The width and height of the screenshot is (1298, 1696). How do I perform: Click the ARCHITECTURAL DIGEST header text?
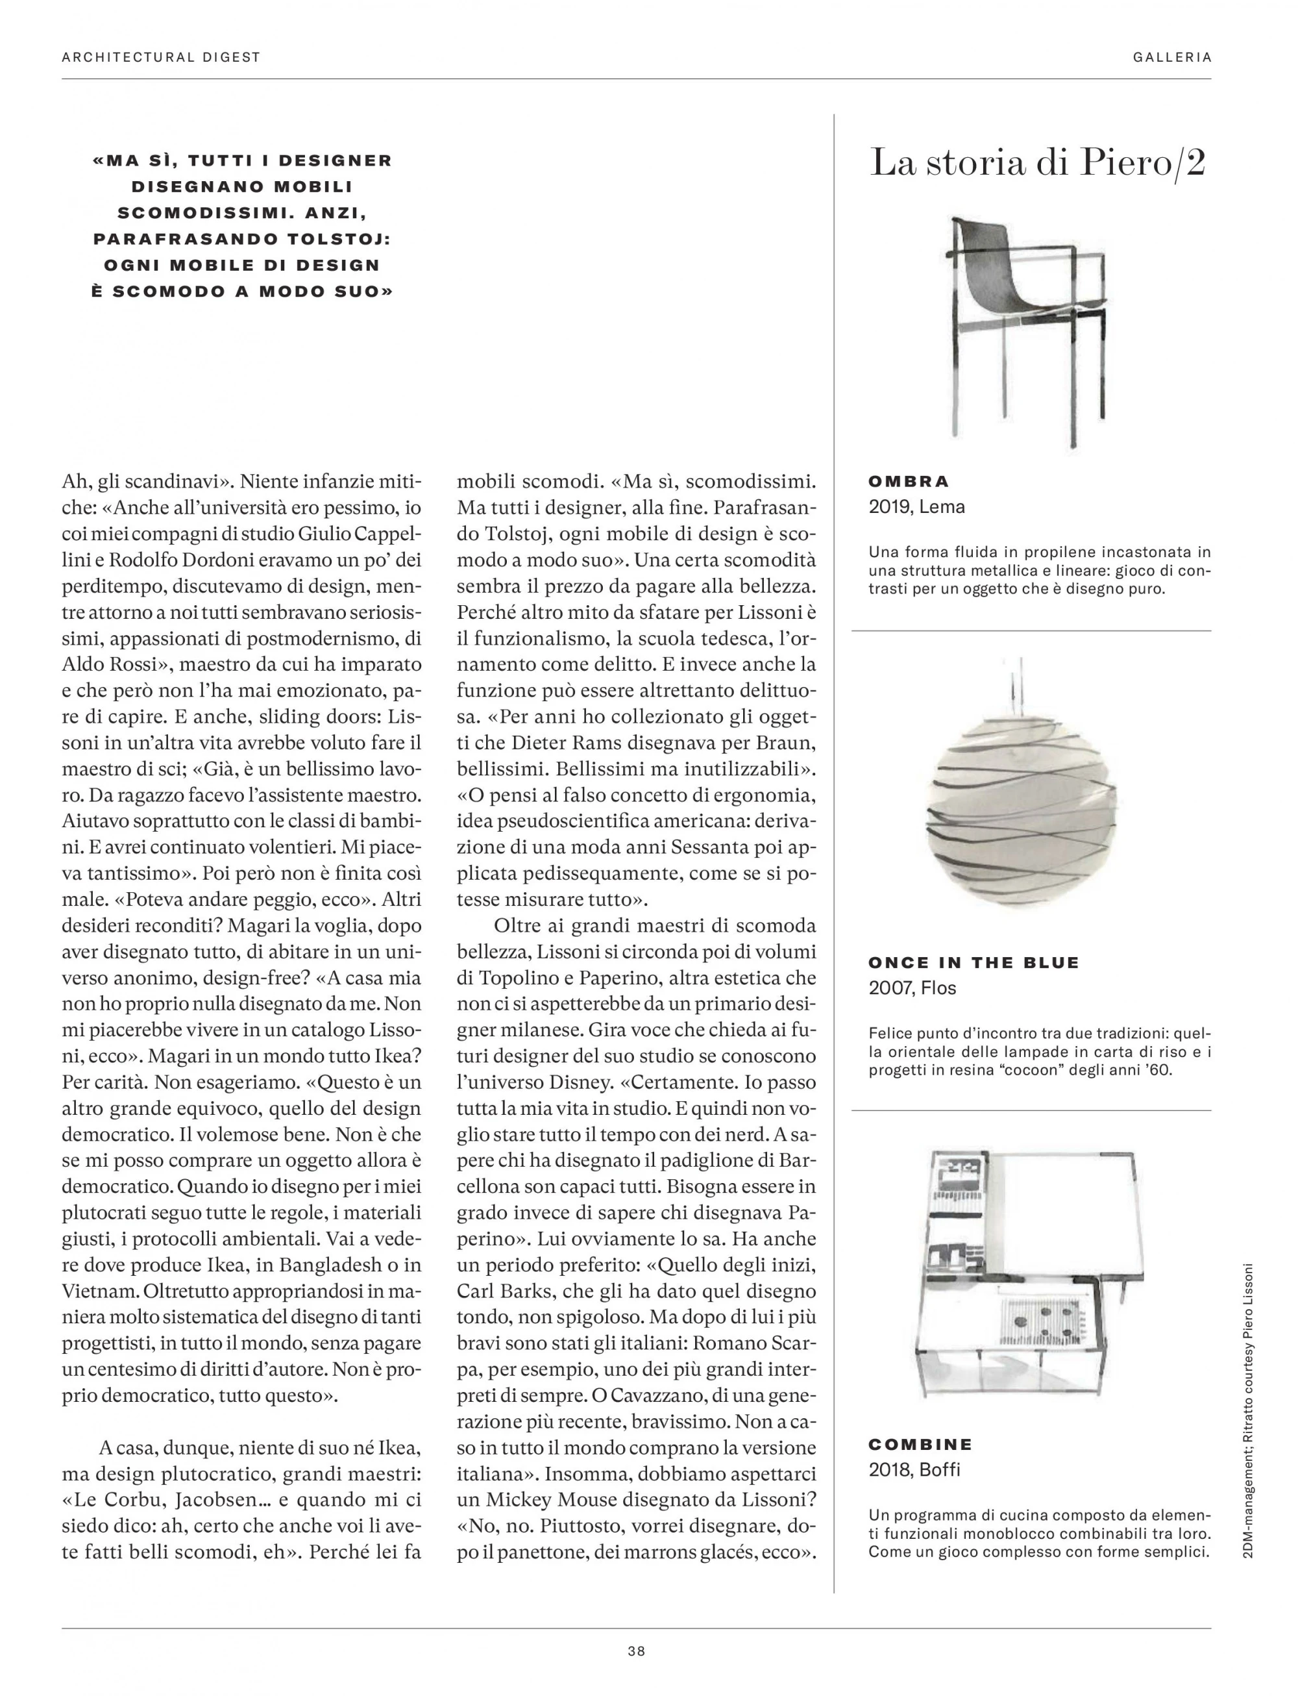coord(161,57)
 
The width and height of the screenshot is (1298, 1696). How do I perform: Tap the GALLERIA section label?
coord(1171,57)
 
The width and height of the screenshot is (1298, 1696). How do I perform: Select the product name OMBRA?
coord(909,482)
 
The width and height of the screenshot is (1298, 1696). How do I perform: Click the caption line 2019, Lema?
coord(916,507)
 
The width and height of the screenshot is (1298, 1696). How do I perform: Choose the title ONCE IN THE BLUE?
coord(973,962)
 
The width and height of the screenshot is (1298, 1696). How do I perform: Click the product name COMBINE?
coord(920,1444)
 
